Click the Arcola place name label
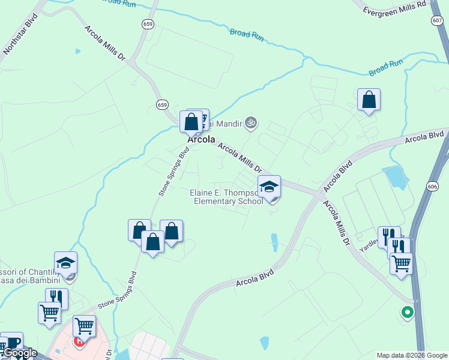(x=201, y=139)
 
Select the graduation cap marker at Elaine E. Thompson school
(x=270, y=187)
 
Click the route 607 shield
(x=436, y=20)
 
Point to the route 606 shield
(x=432, y=187)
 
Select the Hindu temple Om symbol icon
(x=252, y=124)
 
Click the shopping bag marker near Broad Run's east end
(x=369, y=100)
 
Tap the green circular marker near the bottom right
(x=408, y=312)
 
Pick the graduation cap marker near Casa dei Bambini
(x=66, y=263)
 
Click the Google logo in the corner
(x=20, y=353)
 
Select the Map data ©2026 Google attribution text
(x=412, y=355)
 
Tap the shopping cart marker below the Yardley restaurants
(x=401, y=263)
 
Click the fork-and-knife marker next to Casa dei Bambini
(x=56, y=298)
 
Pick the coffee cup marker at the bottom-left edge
(x=11, y=343)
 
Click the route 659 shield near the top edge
(x=148, y=23)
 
